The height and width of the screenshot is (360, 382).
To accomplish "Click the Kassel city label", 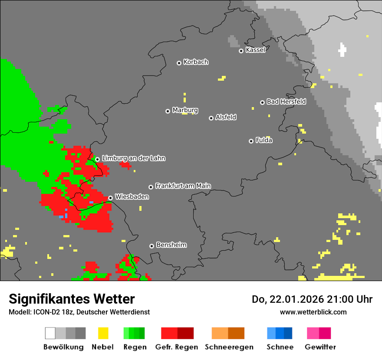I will point(255,50).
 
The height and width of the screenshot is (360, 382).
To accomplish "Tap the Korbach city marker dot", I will point(179,63).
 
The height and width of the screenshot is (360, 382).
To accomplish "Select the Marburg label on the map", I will point(185,110).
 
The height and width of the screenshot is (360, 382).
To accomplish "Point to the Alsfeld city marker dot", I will point(211,118).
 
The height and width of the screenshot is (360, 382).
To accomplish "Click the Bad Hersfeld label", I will point(286,101).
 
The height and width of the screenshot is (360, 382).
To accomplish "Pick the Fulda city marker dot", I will point(251,141).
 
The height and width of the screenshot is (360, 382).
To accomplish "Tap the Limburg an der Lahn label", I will point(133,158).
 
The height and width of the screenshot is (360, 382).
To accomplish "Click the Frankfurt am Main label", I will point(183,186).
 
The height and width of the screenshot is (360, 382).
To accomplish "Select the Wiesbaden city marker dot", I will point(110,198).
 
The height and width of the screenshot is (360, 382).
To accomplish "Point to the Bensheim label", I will point(171,245).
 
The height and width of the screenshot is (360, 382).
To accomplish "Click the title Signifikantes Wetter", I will point(72,299).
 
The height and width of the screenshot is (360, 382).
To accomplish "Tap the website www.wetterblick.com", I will point(313,312).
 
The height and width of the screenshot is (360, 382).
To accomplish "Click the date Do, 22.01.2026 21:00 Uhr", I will point(312,299).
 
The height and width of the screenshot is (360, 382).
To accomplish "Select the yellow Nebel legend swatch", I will point(103,333).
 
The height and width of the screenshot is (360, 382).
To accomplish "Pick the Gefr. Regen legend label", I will point(177,347).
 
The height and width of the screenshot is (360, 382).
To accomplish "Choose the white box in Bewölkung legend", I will point(50,333).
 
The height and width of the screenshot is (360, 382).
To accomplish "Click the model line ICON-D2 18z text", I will point(79,312).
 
